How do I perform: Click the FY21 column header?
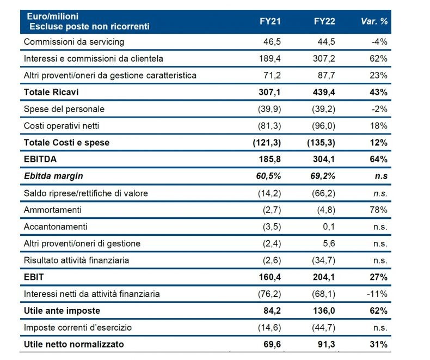[270, 22]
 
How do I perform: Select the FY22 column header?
[325, 22]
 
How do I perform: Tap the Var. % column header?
[374, 22]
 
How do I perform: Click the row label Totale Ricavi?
[48, 92]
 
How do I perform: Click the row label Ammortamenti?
[52, 210]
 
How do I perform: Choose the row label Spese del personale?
[64, 109]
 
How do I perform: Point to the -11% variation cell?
[377, 294]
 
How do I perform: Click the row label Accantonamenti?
[56, 227]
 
